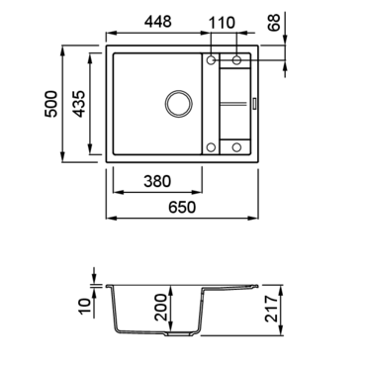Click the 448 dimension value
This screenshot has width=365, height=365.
158,22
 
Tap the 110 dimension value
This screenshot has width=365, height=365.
222,23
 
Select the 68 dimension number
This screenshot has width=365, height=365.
274,23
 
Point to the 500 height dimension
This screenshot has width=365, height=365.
51,104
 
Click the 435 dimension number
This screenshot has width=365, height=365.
79,104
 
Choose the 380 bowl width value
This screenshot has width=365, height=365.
157,181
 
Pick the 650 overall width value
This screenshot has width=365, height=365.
182,208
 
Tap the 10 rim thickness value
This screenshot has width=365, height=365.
85,307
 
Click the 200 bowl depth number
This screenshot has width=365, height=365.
161,308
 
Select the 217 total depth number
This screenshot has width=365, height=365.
272,309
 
